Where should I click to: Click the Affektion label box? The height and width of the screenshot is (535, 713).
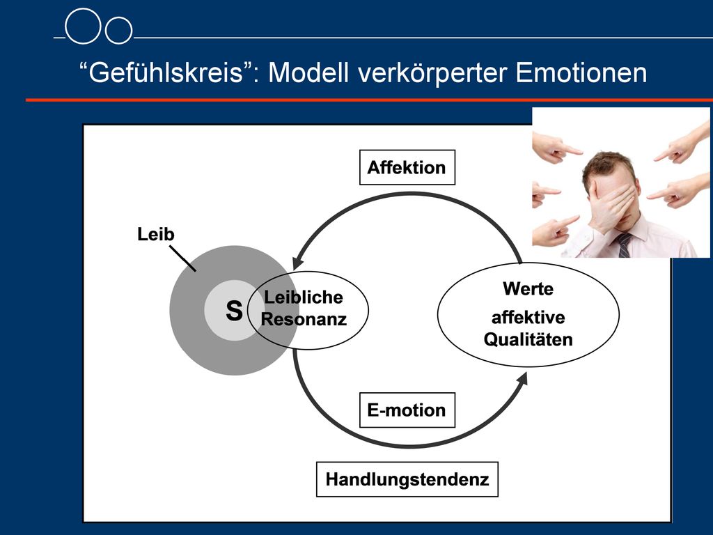click(407, 167)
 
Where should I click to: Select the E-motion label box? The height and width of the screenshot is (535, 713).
click(407, 410)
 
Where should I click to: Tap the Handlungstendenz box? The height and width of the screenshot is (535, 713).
click(407, 479)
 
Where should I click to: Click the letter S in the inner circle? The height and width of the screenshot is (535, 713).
click(234, 311)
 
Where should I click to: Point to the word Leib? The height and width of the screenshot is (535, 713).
click(156, 234)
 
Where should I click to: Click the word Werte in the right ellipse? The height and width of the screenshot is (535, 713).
click(528, 289)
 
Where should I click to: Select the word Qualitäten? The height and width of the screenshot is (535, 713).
click(528, 339)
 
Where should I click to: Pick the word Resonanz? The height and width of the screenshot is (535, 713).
click(304, 319)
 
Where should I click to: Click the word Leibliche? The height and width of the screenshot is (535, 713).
click(304, 297)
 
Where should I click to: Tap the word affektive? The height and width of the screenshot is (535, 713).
click(528, 317)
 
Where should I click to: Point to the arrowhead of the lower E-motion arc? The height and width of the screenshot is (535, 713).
click(522, 378)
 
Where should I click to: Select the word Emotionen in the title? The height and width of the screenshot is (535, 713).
click(581, 72)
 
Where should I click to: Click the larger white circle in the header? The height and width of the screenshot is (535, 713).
click(82, 26)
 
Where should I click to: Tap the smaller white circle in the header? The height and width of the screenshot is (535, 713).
click(118, 31)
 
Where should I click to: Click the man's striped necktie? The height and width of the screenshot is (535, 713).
click(624, 245)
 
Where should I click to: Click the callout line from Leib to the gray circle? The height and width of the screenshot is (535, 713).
click(183, 258)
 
